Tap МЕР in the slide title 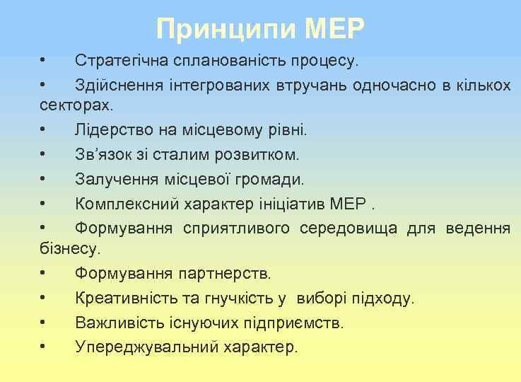[336, 29]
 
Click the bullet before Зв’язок [43, 154]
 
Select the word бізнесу [71, 248]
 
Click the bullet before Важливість [43, 323]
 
